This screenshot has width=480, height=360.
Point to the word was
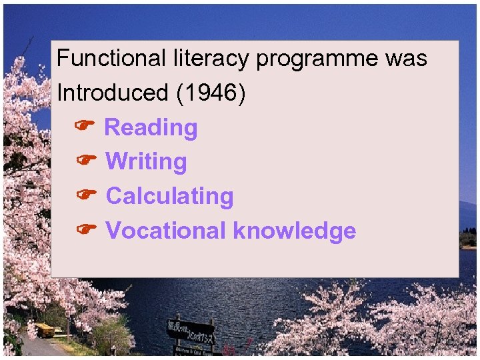pos(406,59)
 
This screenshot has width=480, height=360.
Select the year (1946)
pos(211,93)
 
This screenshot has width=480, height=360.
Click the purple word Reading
pos(151,127)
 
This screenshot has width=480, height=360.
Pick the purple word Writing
pos(147,162)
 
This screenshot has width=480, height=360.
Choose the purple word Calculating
pos(170,197)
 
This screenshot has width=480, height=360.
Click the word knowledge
pos(295,231)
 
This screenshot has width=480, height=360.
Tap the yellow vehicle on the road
pos(45,329)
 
